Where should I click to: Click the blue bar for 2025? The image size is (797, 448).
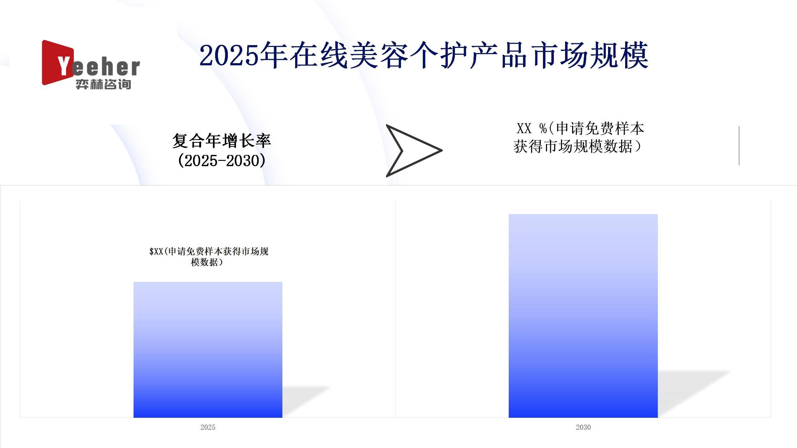[208, 350]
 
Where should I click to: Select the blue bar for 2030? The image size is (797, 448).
[583, 316]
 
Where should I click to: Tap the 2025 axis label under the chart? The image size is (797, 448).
[208, 427]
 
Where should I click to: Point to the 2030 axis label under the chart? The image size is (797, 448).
[583, 427]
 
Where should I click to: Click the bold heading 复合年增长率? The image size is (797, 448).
[222, 141]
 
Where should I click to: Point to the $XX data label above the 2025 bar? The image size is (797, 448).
[209, 257]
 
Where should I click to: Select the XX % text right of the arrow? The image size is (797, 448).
[532, 128]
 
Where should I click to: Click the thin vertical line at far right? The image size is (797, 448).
[739, 146]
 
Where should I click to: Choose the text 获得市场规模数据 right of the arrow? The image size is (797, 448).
[573, 146]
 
